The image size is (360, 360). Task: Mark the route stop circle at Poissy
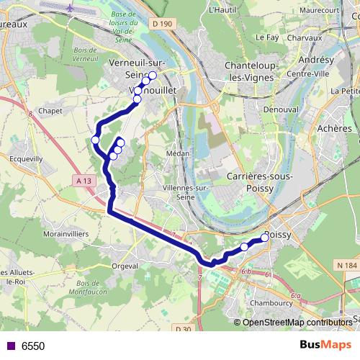(265, 236)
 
